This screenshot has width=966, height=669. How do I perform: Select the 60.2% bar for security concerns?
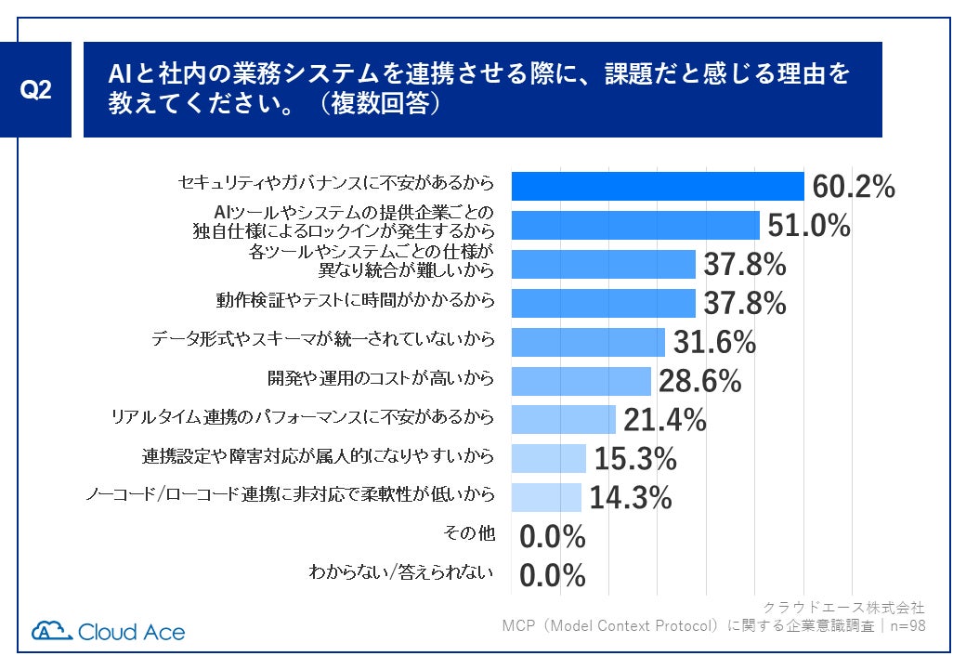click(658, 187)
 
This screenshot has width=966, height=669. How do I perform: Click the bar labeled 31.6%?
click(588, 342)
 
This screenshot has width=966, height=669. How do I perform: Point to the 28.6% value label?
click(699, 381)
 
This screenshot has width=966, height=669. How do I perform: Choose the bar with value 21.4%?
click(564, 419)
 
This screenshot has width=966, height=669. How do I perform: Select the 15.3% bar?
click(549, 458)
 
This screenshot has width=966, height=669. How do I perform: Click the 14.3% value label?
click(631, 497)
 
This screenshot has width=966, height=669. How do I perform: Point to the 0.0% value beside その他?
click(553, 536)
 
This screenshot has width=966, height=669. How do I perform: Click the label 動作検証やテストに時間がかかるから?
click(355, 300)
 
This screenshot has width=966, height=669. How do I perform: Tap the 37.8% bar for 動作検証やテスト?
click(604, 303)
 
